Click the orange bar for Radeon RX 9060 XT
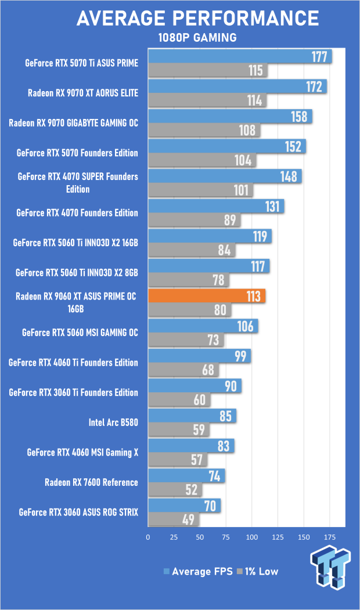pyautogui.click(x=207, y=295)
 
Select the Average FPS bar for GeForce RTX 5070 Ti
pyautogui.click(x=240, y=56)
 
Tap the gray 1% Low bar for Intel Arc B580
pyautogui.click(x=178, y=430)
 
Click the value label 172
pyautogui.click(x=314, y=86)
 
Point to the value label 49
pyautogui.click(x=188, y=519)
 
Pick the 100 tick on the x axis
pyautogui.click(x=252, y=537)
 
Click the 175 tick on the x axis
pyautogui.click(x=330, y=537)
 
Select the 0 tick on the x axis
pyautogui.click(x=149, y=537)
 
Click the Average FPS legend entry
pyautogui.click(x=196, y=571)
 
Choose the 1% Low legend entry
pyautogui.click(x=256, y=571)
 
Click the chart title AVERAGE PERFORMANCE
pyautogui.click(x=198, y=19)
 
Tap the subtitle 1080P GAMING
pyautogui.click(x=198, y=38)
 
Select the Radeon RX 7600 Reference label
pyautogui.click(x=91, y=482)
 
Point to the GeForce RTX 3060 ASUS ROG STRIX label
pyautogui.click(x=78, y=512)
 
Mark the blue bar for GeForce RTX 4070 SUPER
pyautogui.click(x=225, y=176)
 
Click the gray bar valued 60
pyautogui.click(x=179, y=400)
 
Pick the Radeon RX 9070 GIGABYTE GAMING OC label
pyautogui.click(x=73, y=123)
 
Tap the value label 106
pyautogui.click(x=246, y=326)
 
